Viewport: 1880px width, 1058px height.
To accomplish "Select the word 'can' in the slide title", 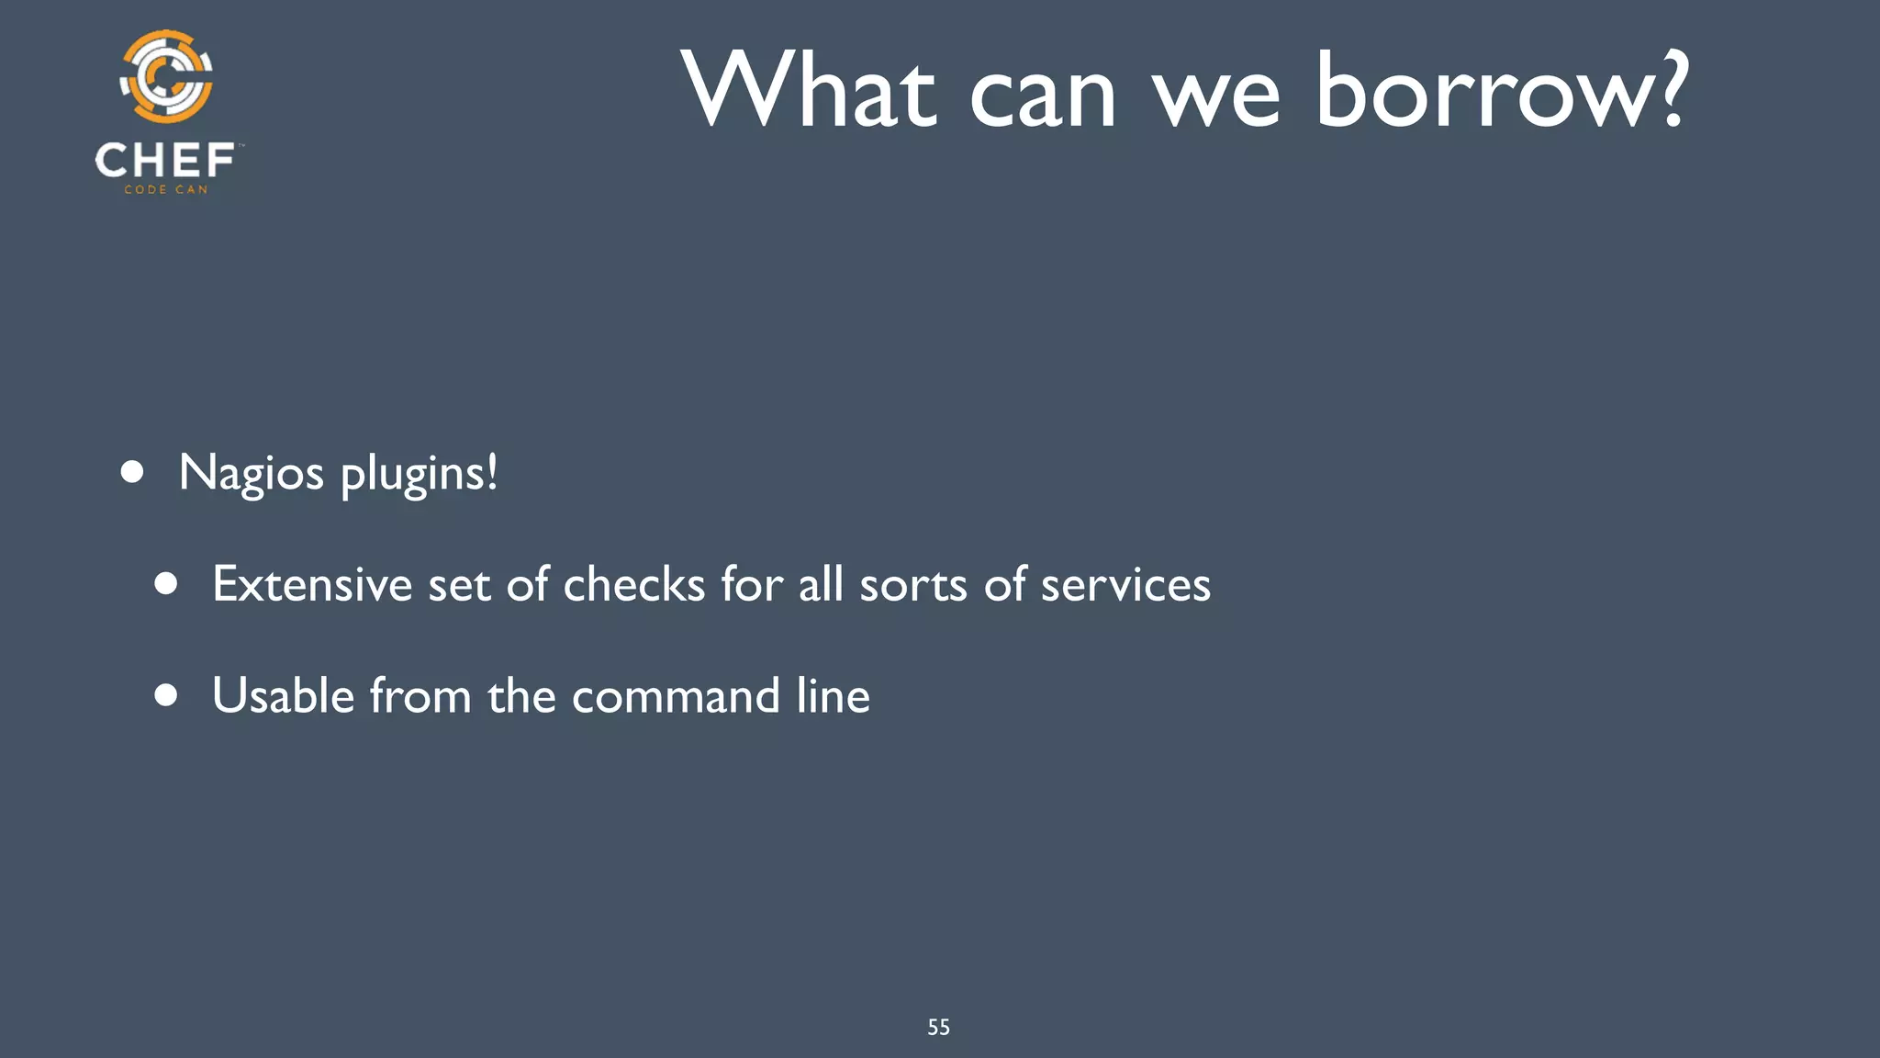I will coord(1043,96).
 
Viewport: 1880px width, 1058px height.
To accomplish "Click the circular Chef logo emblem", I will coord(166,77).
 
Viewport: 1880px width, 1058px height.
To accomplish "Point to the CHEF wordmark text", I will coord(165,161).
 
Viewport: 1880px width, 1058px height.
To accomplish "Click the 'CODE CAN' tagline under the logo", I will coord(166,190).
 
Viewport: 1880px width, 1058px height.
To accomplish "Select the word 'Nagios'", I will coord(252,474).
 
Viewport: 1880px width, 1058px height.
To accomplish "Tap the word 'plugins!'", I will coord(420,474).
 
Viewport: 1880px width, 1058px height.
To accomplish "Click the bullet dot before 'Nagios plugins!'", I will coord(132,472).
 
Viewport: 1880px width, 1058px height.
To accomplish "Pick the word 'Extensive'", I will coord(312,584).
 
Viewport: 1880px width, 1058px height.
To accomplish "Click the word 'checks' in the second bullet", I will coord(633,584).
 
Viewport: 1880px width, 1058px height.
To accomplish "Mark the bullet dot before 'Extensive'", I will coord(166,584).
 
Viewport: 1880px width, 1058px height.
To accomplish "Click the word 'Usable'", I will coord(283,695).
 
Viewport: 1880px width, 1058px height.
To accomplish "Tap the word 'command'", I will coord(676,696).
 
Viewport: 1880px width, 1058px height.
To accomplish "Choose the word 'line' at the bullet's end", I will coord(833,695).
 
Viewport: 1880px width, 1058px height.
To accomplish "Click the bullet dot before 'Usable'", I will coord(166,695).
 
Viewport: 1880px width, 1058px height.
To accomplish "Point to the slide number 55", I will coord(938,1028).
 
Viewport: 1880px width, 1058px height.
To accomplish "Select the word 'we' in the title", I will coord(1216,96).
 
